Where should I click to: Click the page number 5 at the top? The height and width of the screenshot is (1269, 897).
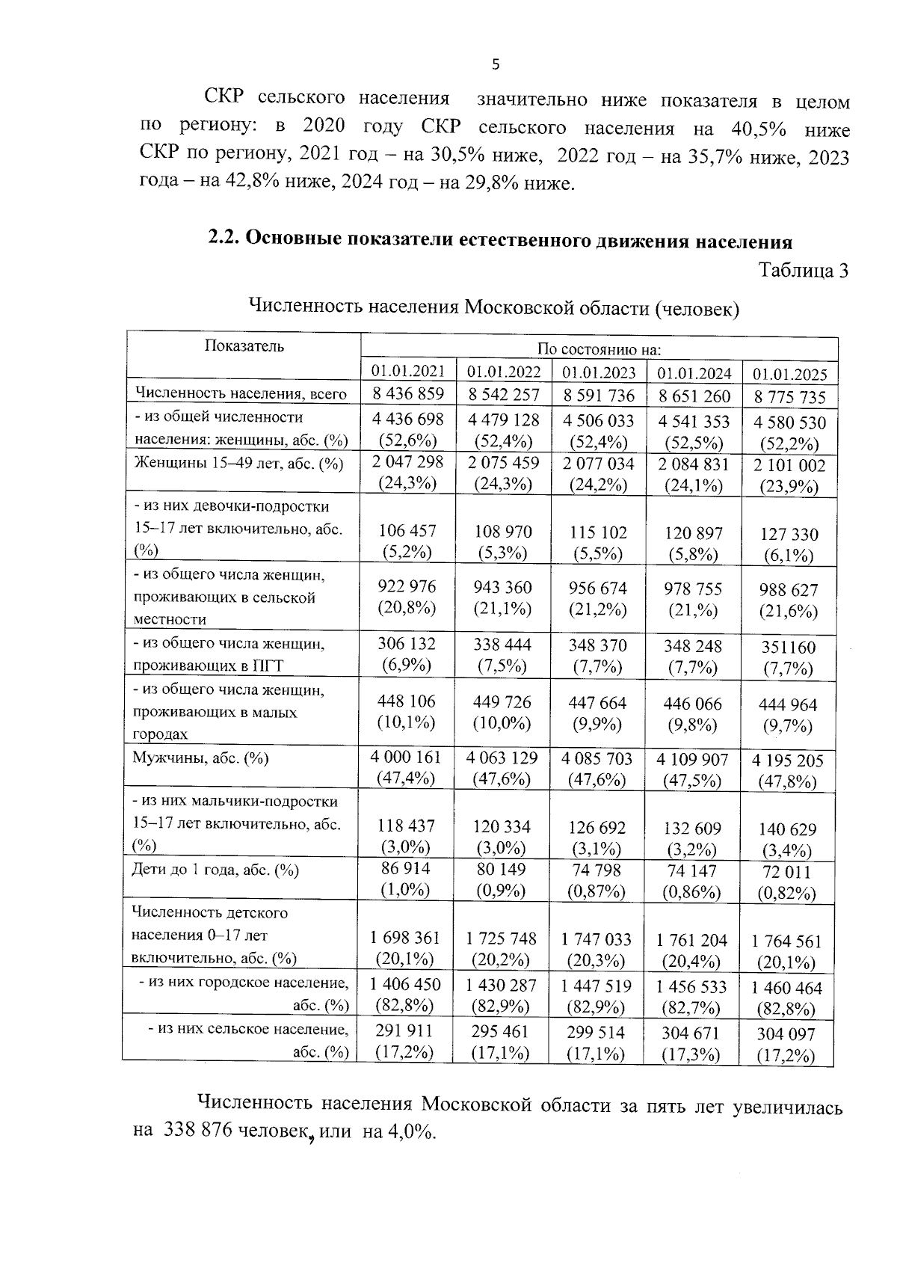[496, 64]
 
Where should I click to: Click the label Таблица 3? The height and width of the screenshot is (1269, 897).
[804, 271]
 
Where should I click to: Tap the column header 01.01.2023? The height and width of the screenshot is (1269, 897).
[599, 372]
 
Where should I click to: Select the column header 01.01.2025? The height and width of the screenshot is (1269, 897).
[789, 374]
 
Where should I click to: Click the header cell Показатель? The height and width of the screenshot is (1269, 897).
[244, 346]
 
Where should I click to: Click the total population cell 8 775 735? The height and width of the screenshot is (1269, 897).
[789, 397]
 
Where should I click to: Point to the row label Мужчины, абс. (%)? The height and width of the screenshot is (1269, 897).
[200, 758]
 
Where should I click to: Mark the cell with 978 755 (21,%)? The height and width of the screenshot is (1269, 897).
[693, 599]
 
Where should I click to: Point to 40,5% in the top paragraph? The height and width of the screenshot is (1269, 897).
[759, 129]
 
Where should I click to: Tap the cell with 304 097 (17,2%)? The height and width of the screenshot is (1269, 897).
[789, 1045]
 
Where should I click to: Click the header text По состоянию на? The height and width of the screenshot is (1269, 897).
[599, 348]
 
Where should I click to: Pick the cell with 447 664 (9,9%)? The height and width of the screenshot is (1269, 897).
[597, 713]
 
